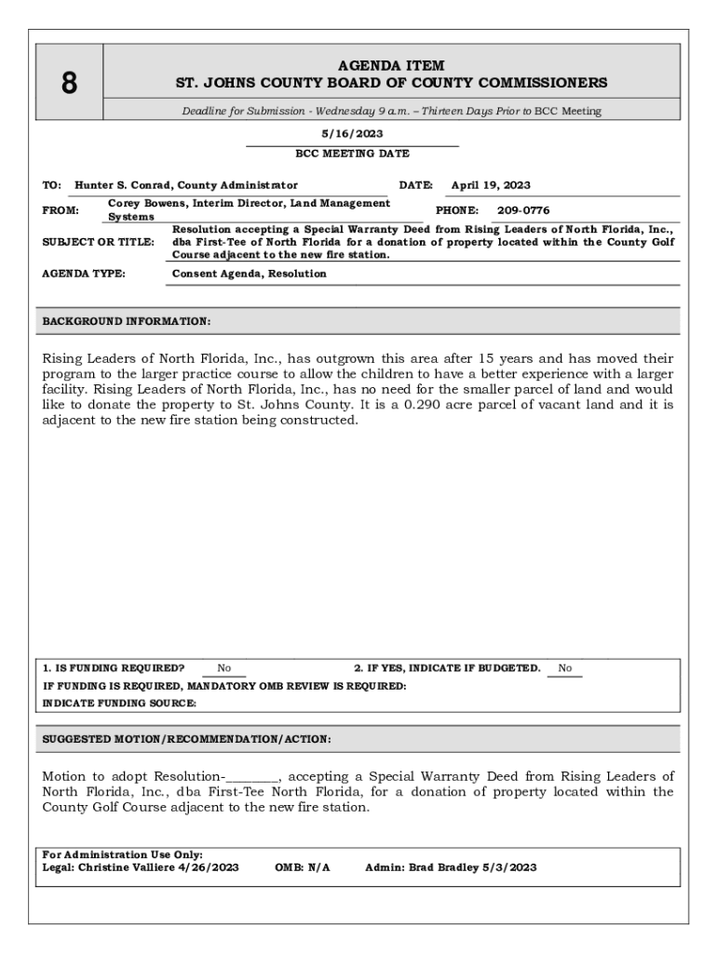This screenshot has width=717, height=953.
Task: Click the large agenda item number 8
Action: pos(69,84)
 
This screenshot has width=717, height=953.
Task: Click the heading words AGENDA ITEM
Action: pos(391,65)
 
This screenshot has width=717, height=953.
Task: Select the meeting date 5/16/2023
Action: pos(352,134)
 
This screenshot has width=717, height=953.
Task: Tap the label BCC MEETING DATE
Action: pos(352,154)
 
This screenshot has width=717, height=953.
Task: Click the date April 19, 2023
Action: pos(491,185)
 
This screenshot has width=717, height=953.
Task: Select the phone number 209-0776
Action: pos(523,210)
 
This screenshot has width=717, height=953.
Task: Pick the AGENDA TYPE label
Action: pos(84,274)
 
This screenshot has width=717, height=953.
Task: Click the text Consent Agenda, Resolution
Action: pos(250,274)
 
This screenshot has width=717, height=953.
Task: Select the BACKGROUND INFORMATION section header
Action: pos(127,321)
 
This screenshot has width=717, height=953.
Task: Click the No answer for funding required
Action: pos(224,668)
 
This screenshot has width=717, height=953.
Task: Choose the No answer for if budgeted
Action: pos(565,668)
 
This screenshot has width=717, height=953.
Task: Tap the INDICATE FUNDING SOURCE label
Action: pos(120,704)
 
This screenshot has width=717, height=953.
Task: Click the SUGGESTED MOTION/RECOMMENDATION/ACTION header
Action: pos(186,739)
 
